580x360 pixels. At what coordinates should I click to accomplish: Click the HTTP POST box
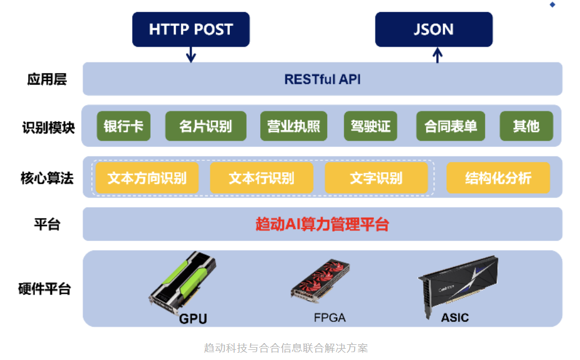(191, 29)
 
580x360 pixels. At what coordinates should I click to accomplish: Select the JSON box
(433, 29)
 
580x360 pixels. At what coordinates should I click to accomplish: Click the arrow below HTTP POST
(191, 55)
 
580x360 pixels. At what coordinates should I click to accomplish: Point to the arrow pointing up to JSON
(438, 55)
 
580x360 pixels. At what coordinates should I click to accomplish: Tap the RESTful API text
(322, 79)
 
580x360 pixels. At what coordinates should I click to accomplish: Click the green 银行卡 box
(124, 126)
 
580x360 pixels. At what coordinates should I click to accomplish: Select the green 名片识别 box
(206, 126)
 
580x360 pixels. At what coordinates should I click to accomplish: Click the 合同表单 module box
(451, 126)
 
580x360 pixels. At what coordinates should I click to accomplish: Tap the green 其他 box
(526, 126)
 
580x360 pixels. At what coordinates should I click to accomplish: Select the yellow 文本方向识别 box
(147, 178)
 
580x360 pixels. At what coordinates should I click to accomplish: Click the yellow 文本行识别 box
(261, 178)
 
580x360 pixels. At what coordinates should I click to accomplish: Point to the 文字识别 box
(376, 178)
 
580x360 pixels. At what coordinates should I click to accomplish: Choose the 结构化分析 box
(498, 178)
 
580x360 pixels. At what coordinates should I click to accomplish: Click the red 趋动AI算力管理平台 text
(322, 224)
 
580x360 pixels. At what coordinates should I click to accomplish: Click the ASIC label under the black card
(455, 318)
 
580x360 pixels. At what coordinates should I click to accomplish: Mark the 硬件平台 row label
(44, 289)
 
